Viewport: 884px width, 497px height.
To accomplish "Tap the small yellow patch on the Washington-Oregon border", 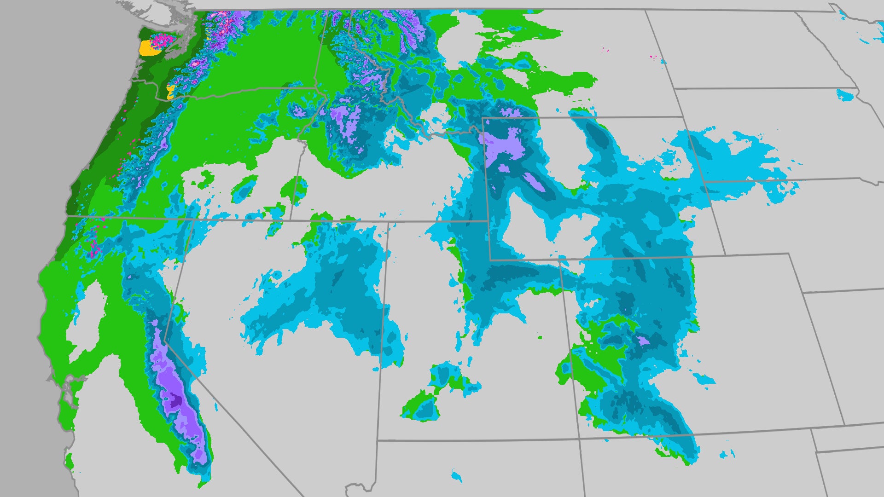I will [x=170, y=92].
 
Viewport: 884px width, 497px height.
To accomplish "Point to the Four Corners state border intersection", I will [x=579, y=439].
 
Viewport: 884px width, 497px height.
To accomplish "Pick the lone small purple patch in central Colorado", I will [x=643, y=341].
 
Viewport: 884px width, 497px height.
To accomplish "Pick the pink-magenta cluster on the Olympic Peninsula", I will [x=162, y=40].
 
